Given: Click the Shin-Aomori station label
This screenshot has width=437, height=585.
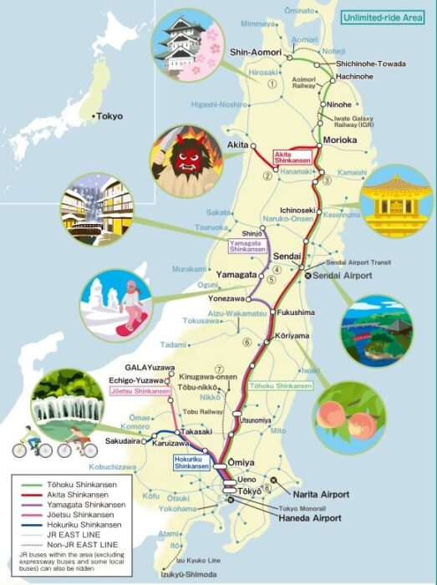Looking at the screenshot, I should [x=252, y=50].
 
